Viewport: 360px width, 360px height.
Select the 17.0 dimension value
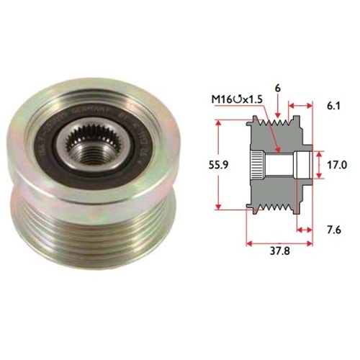pos(338,164)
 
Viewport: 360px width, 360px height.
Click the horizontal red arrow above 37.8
pos(279,242)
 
